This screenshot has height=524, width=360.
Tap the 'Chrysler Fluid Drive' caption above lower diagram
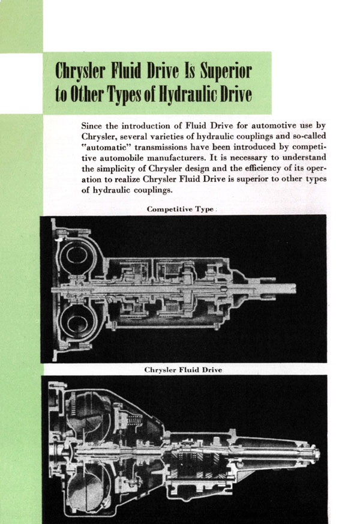point(184,370)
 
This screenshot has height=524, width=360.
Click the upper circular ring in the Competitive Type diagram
point(77,256)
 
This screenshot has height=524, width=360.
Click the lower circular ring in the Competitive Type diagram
point(78,325)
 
